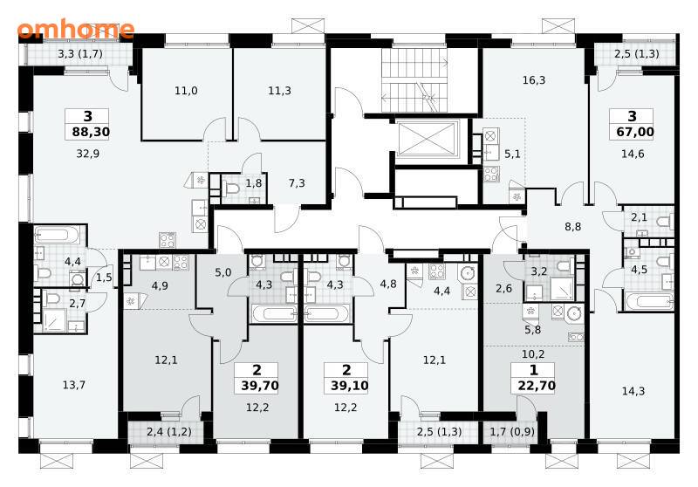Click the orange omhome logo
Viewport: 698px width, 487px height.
76,30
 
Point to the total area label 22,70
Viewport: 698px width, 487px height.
537,385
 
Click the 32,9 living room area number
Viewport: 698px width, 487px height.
88,154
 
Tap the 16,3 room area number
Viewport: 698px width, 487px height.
534,80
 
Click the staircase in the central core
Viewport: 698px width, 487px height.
414,80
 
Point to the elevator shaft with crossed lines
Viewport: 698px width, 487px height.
428,139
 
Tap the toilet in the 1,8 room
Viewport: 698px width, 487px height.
230,189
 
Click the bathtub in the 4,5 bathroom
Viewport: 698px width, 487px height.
649,301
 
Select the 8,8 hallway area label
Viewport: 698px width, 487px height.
573,227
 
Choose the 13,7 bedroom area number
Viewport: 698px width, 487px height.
74,385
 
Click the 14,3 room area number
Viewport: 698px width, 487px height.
633,391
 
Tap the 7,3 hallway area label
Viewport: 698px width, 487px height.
297,183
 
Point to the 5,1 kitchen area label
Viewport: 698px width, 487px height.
512,154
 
